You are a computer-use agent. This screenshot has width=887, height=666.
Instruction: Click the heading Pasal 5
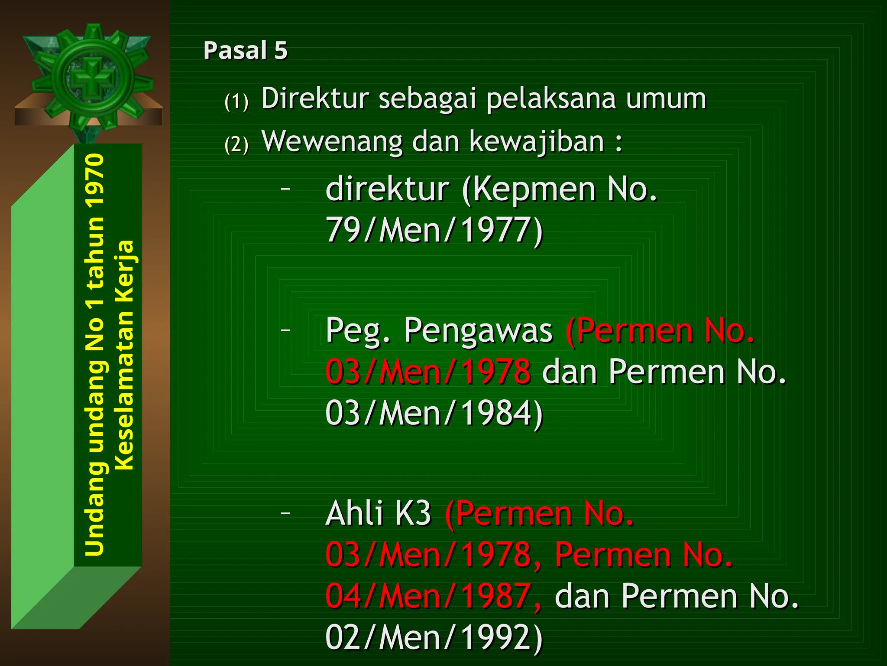245,50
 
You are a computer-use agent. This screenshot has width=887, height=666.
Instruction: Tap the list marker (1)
236,102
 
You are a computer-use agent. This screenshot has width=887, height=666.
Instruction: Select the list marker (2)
236,144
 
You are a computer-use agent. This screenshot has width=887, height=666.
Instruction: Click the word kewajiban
537,142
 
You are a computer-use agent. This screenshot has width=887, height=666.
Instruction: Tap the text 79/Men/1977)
434,230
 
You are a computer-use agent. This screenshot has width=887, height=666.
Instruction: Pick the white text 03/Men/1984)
434,413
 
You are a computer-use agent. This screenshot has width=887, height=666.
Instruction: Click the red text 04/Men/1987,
433,597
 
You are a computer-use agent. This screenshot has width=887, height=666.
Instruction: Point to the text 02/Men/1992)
434,637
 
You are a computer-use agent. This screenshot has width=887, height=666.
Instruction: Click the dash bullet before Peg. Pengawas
285,330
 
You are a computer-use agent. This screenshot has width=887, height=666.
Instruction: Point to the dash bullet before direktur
285,189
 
